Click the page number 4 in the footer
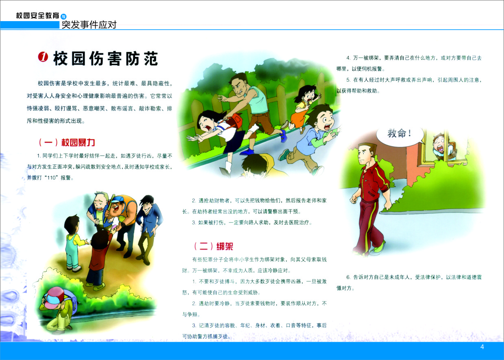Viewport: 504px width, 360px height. click(x=482, y=347)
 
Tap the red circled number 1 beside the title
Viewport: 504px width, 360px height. click(x=43, y=56)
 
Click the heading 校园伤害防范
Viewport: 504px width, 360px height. click(x=106, y=59)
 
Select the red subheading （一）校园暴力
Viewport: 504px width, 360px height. click(x=67, y=142)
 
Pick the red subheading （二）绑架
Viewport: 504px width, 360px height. click(x=213, y=246)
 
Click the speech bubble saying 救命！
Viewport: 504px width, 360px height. click(x=400, y=134)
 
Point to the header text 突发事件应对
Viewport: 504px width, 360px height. click(x=89, y=25)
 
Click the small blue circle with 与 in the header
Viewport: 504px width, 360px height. click(x=63, y=16)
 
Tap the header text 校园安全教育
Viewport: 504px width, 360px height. click(x=37, y=15)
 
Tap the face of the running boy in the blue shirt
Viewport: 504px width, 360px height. click(x=326, y=120)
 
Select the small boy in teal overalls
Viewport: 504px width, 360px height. click(x=74, y=243)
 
